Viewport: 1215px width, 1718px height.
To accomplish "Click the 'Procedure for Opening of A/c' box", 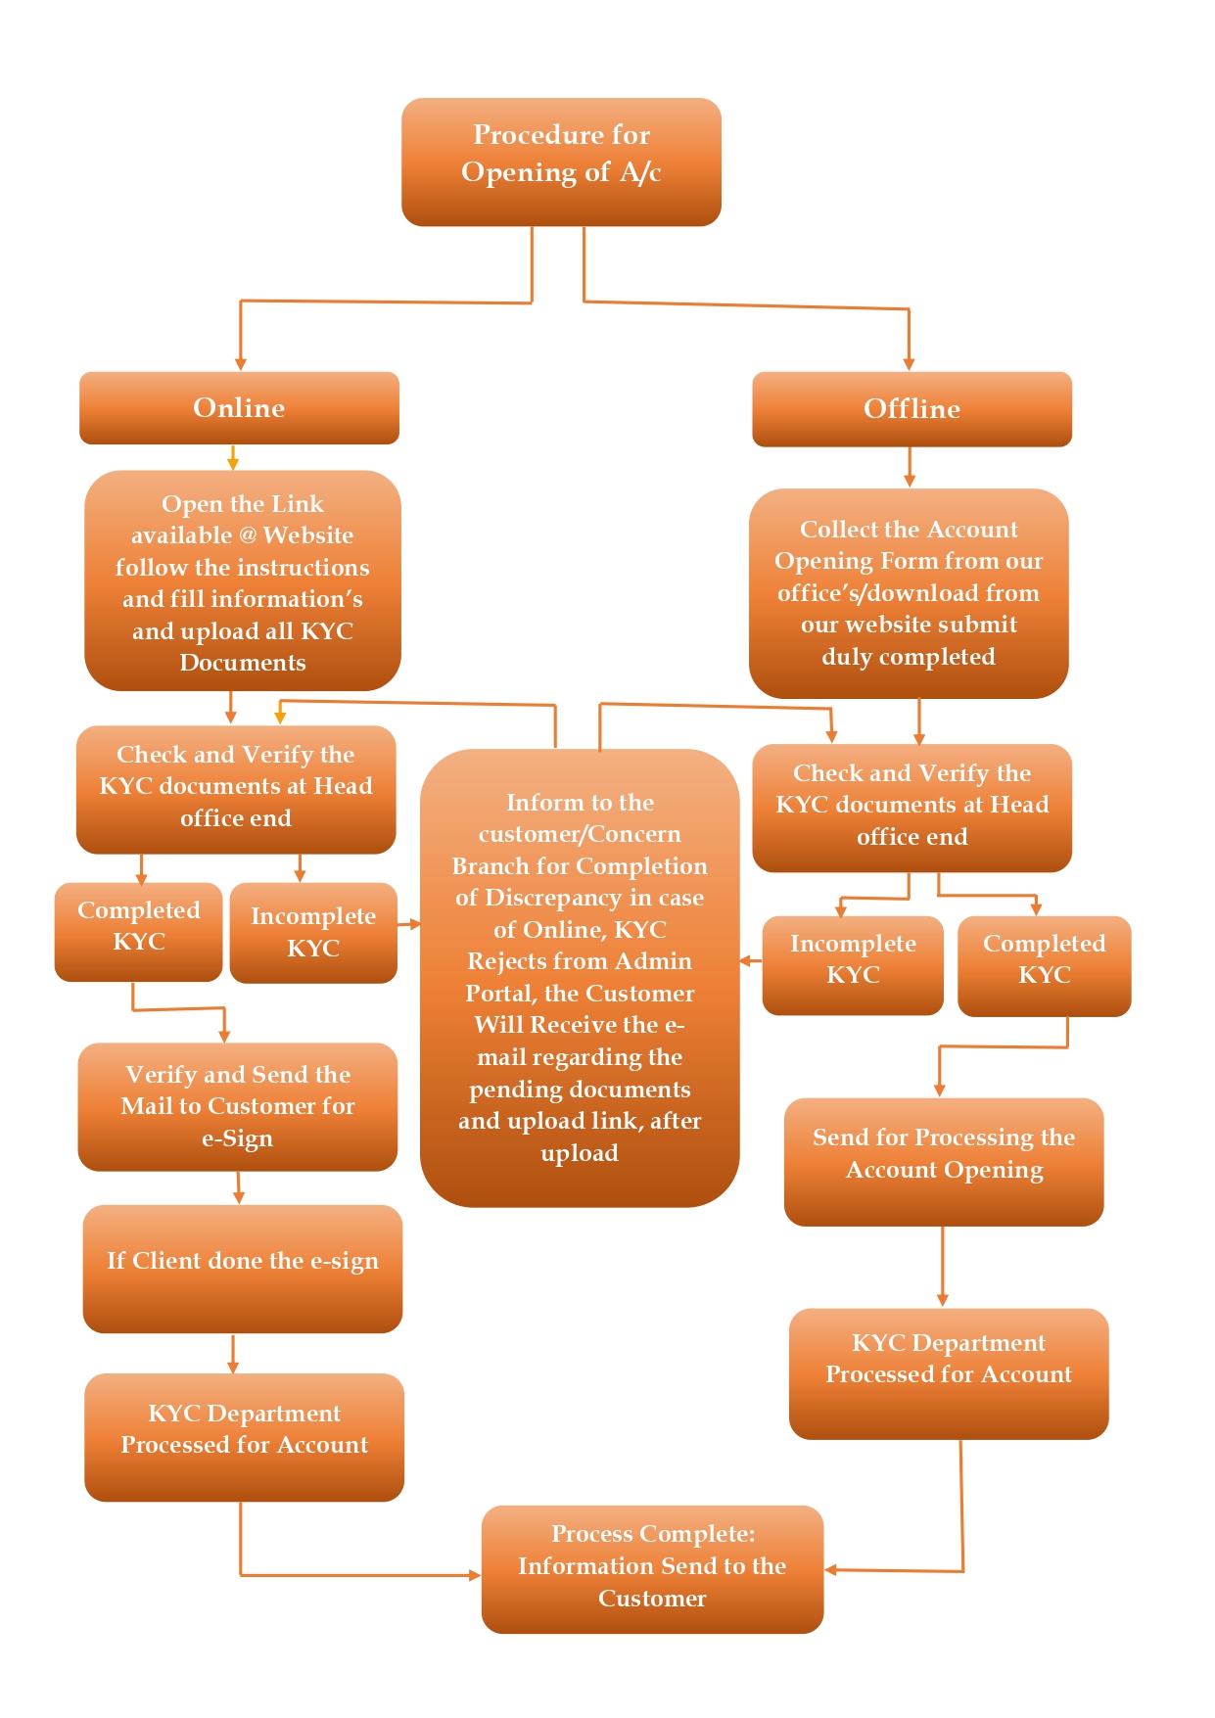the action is (561, 162).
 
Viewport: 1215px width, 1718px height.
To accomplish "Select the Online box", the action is (239, 408).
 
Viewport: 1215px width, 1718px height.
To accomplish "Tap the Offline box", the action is (911, 409).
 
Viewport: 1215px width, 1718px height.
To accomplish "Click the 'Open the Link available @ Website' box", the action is (243, 580).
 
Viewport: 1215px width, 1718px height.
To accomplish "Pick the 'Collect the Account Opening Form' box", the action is (909, 593).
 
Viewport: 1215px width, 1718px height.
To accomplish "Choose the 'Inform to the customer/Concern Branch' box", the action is (580, 978).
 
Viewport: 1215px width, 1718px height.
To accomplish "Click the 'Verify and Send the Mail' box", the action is (238, 1106).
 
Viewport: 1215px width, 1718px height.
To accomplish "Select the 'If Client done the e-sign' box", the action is (243, 1269).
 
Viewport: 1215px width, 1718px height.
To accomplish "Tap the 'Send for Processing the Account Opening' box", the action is (944, 1162).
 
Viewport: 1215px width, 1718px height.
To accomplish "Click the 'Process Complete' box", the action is (652, 1569).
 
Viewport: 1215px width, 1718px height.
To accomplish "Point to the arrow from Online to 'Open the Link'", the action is (233, 458).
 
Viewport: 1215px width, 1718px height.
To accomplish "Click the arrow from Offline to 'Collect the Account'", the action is (910, 468).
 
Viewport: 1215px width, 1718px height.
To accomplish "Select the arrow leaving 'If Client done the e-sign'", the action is (233, 1354).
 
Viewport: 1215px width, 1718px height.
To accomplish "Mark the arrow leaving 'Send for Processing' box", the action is (943, 1267).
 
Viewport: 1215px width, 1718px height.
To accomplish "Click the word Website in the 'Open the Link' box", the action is (308, 535).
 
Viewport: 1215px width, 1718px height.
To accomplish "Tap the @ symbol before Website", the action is (248, 535).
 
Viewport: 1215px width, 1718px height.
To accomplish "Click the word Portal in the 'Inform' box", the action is (501, 994).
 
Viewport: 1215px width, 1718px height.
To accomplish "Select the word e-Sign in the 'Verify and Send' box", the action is (237, 1138).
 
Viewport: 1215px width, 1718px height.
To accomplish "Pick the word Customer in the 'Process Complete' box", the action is (652, 1599).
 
